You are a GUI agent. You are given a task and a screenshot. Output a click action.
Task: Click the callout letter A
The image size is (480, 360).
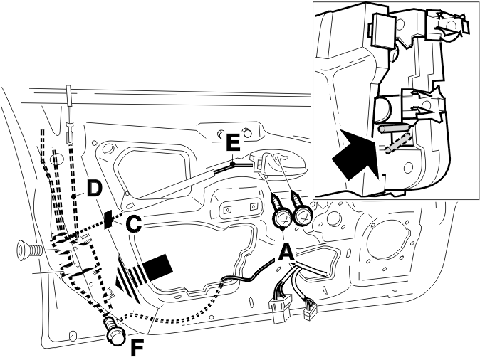click(x=286, y=251)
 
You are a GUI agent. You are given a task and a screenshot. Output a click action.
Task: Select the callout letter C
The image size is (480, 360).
click(x=134, y=224)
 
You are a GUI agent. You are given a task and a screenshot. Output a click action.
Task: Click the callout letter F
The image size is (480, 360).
click(x=137, y=348)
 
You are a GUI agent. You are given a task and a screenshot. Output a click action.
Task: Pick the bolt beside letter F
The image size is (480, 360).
click(x=115, y=332)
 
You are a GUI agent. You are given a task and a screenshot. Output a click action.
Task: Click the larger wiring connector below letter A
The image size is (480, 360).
click(x=281, y=307)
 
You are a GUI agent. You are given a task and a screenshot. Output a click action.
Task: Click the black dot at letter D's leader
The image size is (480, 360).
click(x=73, y=196)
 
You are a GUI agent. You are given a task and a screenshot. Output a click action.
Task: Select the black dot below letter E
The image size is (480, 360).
click(x=233, y=164)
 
